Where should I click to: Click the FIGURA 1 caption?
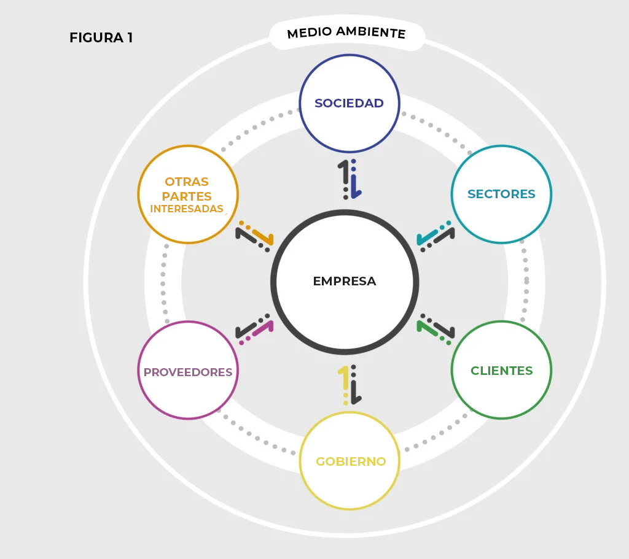[101, 37]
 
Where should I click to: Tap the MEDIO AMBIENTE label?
[346, 33]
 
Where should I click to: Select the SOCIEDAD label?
[349, 103]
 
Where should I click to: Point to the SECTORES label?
[501, 194]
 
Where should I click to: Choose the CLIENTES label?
[501, 371]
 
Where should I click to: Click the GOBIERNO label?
[351, 461]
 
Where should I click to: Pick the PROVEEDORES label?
[188, 372]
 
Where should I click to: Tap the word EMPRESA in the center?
[345, 281]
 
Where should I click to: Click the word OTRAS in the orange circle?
[187, 182]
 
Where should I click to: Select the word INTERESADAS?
[187, 209]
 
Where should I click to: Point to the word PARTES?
[187, 196]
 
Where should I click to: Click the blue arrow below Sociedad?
[354, 182]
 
